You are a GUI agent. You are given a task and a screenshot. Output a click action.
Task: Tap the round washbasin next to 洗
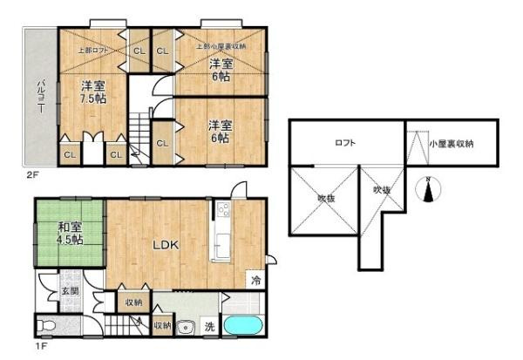[x=184, y=329]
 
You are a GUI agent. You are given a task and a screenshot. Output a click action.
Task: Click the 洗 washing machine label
[x=210, y=327]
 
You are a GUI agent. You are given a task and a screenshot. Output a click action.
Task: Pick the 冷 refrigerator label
[x=255, y=281]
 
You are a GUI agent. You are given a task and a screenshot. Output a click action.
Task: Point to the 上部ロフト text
[x=93, y=51]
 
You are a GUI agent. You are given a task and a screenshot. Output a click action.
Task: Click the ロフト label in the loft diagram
[x=344, y=144]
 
